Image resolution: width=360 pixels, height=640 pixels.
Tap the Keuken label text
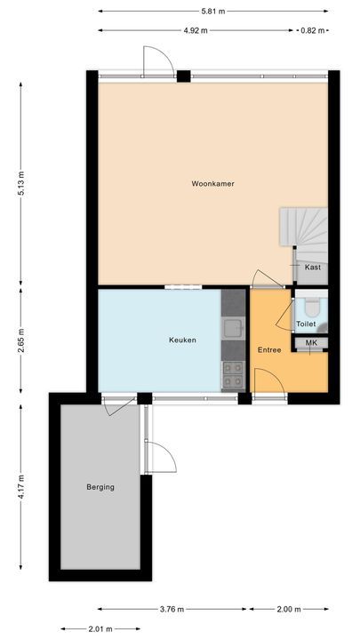(182, 340)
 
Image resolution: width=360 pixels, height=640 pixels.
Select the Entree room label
(269, 349)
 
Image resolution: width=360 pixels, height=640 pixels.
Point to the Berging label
(100, 486)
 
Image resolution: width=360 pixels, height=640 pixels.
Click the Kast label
(312, 267)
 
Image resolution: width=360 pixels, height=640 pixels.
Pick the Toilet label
(306, 324)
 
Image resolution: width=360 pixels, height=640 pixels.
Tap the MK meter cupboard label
(311, 343)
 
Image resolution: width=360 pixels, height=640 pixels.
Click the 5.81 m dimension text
(212, 11)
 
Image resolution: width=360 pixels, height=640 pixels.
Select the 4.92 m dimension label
(196, 30)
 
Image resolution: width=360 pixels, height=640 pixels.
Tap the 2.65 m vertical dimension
(20, 341)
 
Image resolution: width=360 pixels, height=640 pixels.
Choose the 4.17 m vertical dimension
(20, 487)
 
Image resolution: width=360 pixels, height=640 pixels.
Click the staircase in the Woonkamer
(302, 228)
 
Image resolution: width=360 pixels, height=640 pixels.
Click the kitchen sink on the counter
(233, 330)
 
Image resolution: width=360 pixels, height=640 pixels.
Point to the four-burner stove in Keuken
(233, 374)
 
